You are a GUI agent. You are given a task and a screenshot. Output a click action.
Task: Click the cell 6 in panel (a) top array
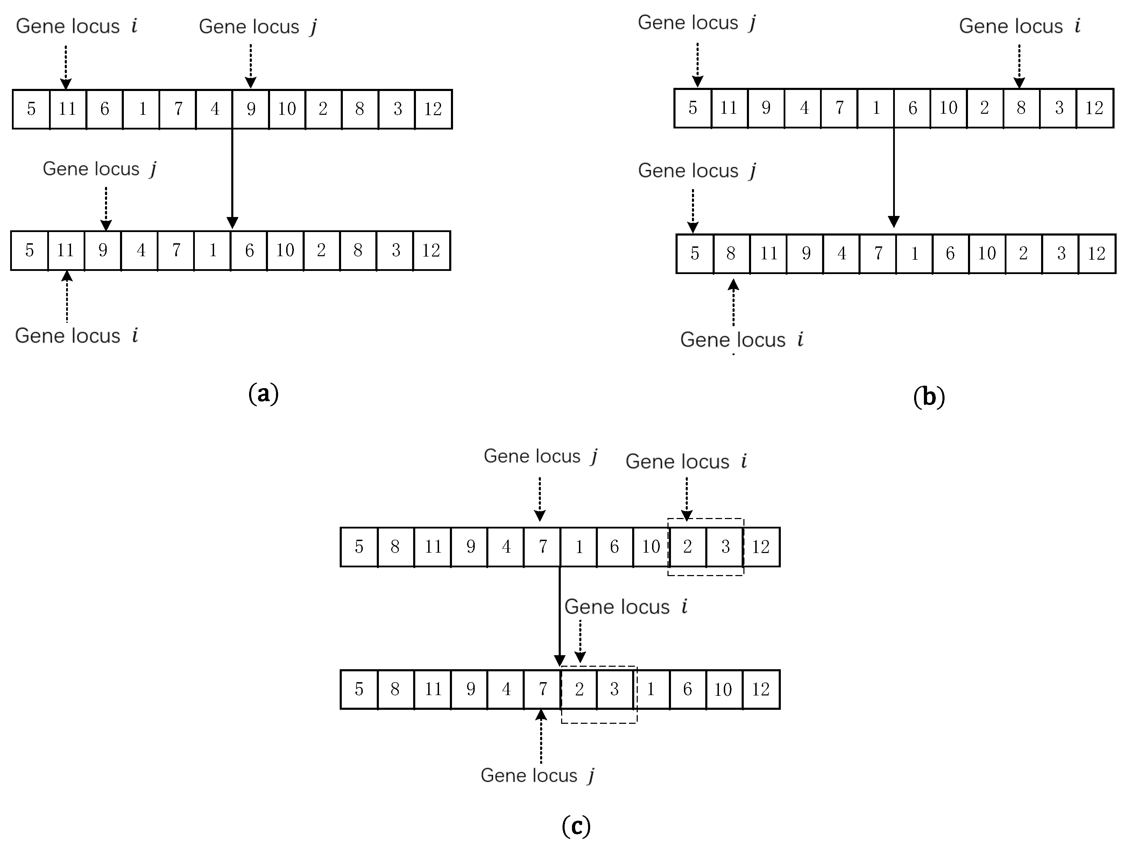pos(105,109)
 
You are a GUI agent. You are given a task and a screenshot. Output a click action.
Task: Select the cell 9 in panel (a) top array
pos(251,109)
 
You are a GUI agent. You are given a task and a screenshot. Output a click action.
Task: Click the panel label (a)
pos(263,394)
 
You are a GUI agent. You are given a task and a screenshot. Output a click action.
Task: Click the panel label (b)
pos(929,397)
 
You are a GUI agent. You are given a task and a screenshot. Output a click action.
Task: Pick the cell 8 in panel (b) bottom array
pos(731,253)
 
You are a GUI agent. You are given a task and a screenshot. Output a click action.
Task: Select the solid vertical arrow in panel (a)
pos(232,178)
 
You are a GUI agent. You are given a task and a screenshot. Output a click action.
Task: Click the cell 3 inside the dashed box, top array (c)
pos(725,547)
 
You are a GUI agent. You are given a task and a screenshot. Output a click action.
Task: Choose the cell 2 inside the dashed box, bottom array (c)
pos(579,689)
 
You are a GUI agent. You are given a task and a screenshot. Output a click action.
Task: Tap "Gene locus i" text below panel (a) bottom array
pos(76,336)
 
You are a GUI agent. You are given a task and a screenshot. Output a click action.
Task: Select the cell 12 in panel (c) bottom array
pos(761,689)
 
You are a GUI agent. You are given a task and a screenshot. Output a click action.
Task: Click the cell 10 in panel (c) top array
pos(651,547)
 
